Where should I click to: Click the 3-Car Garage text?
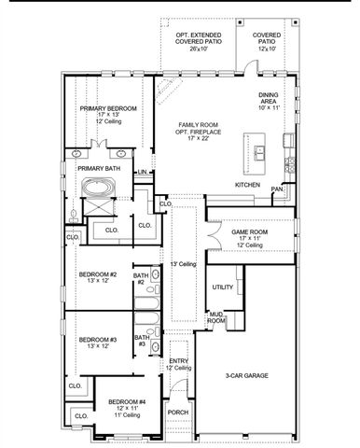pyautogui.click(x=246, y=374)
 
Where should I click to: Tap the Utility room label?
pyautogui.click(x=222, y=287)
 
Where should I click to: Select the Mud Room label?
pyautogui.click(x=215, y=317)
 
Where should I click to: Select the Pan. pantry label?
pyautogui.click(x=277, y=189)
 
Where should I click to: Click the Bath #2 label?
pyautogui.click(x=142, y=277)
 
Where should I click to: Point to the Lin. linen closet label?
pyautogui.click(x=142, y=172)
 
